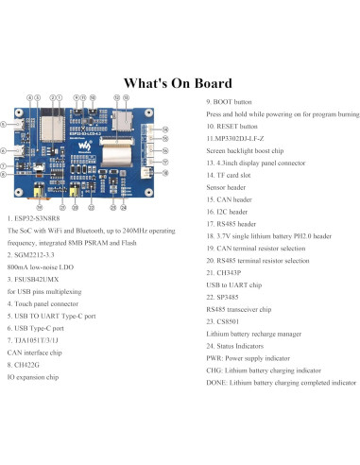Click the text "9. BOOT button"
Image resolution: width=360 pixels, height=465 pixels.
(x=231, y=101)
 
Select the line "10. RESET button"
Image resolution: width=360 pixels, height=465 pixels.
(x=232, y=125)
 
